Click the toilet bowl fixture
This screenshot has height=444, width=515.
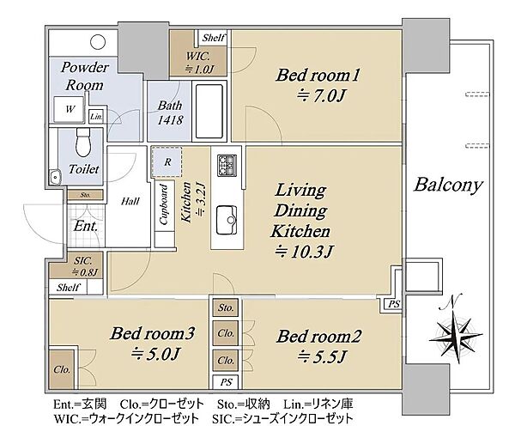pyautogui.click(x=83, y=143)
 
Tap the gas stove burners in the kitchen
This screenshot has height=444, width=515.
pyautogui.click(x=227, y=165)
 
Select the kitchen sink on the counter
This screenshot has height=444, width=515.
pyautogui.click(x=227, y=220)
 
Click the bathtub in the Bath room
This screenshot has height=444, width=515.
pyautogui.click(x=209, y=111)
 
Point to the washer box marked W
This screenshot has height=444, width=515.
pyautogui.click(x=70, y=109)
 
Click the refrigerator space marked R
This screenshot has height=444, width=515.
pyautogui.click(x=167, y=162)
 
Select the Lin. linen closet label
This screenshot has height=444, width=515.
pyautogui.click(x=97, y=116)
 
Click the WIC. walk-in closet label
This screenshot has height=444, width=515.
pyautogui.click(x=198, y=56)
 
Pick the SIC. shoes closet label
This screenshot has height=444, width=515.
pyautogui.click(x=82, y=261)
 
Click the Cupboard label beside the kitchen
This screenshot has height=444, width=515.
pyautogui.click(x=164, y=204)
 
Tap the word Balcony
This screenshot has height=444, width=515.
pyautogui.click(x=448, y=185)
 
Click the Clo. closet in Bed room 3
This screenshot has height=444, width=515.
pyautogui.click(x=62, y=370)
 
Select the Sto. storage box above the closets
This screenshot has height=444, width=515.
pyautogui.click(x=226, y=307)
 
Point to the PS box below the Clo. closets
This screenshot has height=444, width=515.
pyautogui.click(x=226, y=382)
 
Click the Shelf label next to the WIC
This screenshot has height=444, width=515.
pyautogui.click(x=214, y=38)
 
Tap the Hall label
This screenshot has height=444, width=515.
pyautogui.click(x=130, y=201)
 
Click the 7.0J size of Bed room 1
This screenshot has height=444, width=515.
pyautogui.click(x=321, y=96)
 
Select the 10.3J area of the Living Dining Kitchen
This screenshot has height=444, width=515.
pyautogui.click(x=304, y=252)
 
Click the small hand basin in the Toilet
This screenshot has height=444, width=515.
pyautogui.click(x=55, y=177)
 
